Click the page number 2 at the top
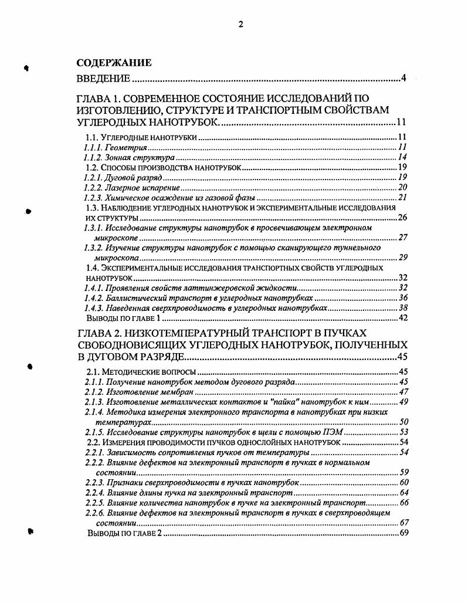tap(240, 24)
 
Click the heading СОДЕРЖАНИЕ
tap(114, 63)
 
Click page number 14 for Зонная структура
tap(403, 158)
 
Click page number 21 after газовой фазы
tap(402, 198)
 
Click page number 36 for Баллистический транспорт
tap(403, 298)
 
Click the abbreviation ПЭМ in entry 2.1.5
tap(333, 432)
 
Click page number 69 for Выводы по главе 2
tap(403, 533)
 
